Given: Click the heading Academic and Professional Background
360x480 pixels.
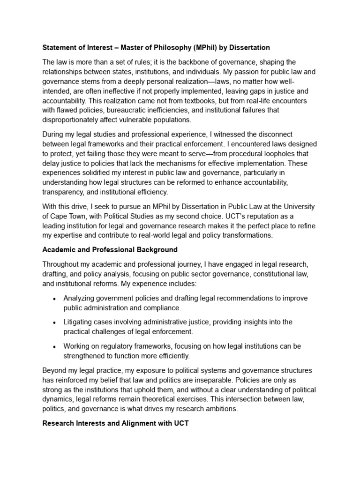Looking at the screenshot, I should point(110,250).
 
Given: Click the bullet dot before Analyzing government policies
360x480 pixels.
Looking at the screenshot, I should point(55,299).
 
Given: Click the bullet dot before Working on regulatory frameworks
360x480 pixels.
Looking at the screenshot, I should point(55,346).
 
